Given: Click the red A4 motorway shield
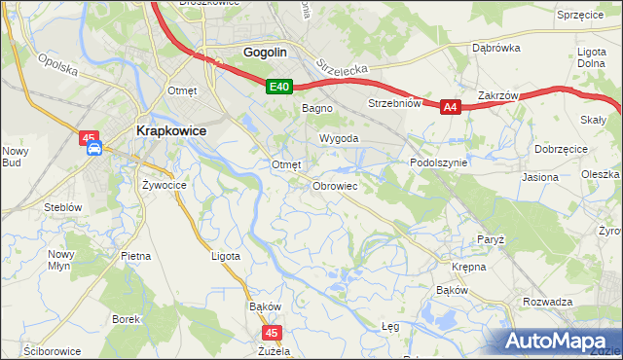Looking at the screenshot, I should [x=449, y=108].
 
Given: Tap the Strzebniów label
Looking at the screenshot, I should [x=393, y=102].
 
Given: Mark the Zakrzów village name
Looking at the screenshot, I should [x=495, y=95].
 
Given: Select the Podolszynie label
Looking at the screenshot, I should [x=439, y=163].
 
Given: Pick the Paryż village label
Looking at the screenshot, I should [x=490, y=238].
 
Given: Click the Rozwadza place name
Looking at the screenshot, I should [x=547, y=302].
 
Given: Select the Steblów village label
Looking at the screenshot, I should [x=61, y=207].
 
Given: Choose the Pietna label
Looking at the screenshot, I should [x=135, y=256].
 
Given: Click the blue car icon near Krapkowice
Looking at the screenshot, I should [x=93, y=149].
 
